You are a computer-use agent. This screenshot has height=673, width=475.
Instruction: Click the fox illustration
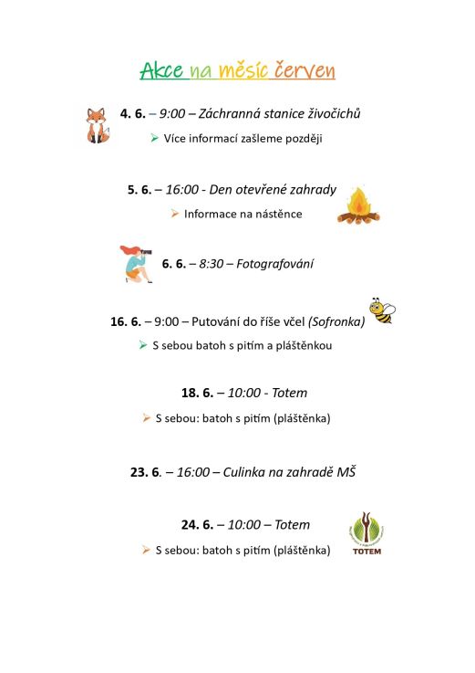[96, 125]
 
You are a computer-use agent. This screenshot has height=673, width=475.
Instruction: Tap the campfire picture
[358, 206]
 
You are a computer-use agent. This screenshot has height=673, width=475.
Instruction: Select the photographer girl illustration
[136, 263]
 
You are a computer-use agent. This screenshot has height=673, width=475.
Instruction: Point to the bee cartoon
[381, 310]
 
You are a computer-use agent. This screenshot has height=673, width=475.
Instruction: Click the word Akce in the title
[161, 71]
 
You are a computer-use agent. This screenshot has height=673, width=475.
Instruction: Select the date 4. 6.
[132, 114]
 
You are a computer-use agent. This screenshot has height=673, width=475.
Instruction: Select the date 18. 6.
[197, 393]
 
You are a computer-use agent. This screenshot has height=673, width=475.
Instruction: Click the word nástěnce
[274, 214]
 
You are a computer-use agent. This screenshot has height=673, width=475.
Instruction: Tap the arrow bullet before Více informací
[154, 138]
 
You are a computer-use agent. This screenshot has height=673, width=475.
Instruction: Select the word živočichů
[331, 114]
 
